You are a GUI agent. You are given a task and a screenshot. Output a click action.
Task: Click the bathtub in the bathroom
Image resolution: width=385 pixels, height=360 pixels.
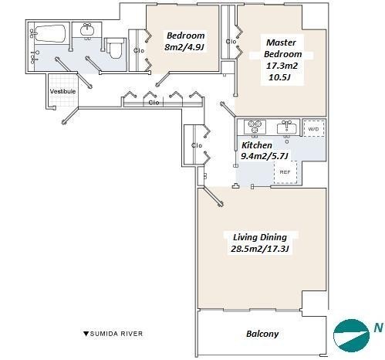50,33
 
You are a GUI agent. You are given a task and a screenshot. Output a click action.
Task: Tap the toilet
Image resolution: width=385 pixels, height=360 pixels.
115,48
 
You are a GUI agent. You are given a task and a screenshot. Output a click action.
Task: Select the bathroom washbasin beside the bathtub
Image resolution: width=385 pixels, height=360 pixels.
87,30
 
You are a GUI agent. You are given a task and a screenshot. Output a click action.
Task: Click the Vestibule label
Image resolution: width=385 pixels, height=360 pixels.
62,91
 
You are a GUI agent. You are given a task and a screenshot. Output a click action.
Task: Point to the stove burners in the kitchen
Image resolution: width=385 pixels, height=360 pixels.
255,126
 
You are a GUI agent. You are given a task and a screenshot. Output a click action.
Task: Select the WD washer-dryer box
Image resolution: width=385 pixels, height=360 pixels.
313,129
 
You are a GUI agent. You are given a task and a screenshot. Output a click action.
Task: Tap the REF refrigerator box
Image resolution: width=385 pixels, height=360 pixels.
285,172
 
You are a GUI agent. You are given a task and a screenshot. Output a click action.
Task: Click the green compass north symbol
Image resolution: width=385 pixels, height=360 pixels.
351,335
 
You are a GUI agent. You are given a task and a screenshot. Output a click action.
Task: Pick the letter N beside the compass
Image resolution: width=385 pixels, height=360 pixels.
378,328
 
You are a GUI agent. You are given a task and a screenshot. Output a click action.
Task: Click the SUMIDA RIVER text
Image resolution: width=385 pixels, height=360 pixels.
117,334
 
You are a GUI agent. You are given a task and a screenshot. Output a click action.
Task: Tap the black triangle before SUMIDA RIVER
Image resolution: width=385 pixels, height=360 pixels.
86,334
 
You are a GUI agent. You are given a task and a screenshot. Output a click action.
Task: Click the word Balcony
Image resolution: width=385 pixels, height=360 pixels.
262,334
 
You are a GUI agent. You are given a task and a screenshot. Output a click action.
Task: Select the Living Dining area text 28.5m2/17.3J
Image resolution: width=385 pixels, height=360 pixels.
260,249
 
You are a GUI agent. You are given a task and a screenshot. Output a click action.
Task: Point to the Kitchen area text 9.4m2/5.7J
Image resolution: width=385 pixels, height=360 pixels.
264,156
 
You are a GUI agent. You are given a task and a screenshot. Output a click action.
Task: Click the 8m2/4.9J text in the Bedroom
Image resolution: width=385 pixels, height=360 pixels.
186,47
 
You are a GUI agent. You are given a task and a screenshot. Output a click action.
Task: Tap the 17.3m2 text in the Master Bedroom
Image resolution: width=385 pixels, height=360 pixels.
282,66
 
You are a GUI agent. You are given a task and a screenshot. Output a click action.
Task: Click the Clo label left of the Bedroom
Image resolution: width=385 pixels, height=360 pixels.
139,51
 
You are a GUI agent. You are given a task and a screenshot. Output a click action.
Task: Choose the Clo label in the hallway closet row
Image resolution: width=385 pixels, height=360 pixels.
154,103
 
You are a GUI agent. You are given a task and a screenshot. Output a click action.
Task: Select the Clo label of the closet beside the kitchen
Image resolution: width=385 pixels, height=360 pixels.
197,145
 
